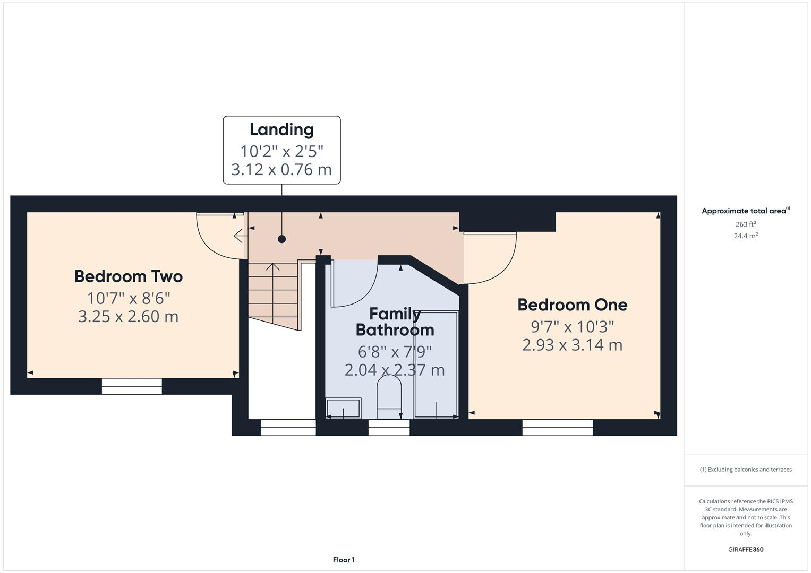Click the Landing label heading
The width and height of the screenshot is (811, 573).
pyautogui.click(x=281, y=129)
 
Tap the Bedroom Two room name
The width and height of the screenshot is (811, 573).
pyautogui.click(x=129, y=276)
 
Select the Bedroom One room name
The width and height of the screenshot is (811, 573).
pyautogui.click(x=572, y=305)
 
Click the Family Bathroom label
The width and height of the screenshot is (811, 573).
pyautogui.click(x=395, y=322)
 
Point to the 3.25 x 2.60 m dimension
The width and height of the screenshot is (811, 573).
pyautogui.click(x=129, y=317)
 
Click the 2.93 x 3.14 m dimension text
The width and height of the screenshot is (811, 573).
pyautogui.click(x=572, y=345)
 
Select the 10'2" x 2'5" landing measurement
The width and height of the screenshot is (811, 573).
pyautogui.click(x=281, y=151)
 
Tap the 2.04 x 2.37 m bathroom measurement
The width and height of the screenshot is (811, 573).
pyautogui.click(x=395, y=370)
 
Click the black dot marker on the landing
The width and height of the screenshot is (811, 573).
pyautogui.click(x=281, y=239)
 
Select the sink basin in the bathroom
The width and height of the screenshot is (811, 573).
pyautogui.click(x=343, y=409)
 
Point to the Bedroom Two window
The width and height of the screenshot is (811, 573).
pyautogui.click(x=132, y=386)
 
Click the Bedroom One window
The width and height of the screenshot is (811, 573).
pyautogui.click(x=557, y=427)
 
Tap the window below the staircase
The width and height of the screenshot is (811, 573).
pyautogui.click(x=288, y=427)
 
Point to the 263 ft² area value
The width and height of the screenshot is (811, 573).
pyautogui.click(x=745, y=224)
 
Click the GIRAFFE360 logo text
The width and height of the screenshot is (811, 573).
pyautogui.click(x=745, y=549)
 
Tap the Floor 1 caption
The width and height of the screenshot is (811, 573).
pyautogui.click(x=344, y=560)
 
